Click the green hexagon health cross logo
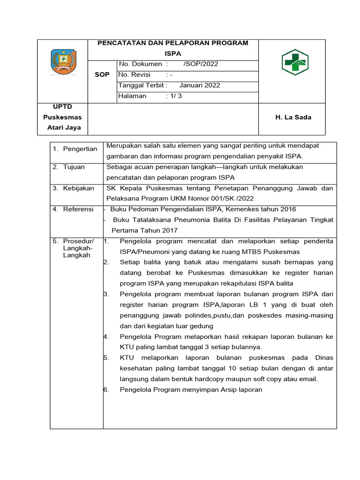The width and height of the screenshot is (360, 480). coord(295,61)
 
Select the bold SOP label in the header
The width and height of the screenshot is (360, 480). coord(102,75)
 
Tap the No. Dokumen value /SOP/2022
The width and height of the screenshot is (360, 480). coord(201,64)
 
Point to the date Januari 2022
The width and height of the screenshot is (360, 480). coord(200,85)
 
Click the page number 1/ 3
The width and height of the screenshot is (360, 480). coord(177,96)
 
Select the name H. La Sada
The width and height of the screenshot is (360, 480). coord(293,117)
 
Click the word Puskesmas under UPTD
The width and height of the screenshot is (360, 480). coord(62,117)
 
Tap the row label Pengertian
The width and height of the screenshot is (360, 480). coord(80,149)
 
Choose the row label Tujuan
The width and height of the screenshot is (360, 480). coord(74,167)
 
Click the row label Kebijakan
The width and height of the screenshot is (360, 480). coord(78,188)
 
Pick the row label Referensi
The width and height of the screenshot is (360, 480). coord(78,209)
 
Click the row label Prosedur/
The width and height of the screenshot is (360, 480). coord(78,241)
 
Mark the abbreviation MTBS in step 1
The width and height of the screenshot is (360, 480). coord(242,252)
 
